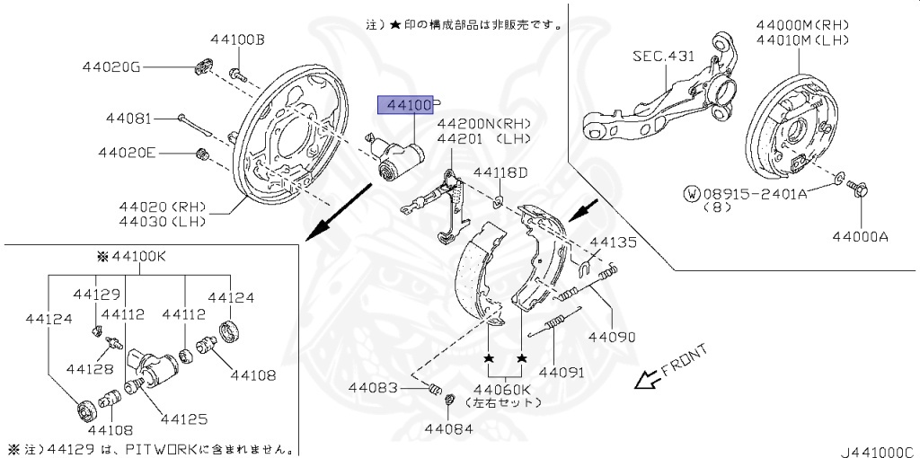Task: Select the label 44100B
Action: click(238, 40)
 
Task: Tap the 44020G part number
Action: click(111, 66)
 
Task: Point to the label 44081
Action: click(128, 118)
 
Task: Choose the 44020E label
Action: click(127, 153)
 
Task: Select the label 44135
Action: click(612, 242)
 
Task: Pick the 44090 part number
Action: click(612, 338)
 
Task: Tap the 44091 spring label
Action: click(562, 370)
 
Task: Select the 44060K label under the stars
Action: click(503, 389)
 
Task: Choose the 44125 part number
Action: click(183, 418)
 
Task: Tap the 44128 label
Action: click(89, 369)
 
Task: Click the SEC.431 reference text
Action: click(663, 56)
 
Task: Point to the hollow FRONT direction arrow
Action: click(644, 380)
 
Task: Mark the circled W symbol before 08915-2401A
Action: click(692, 192)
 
